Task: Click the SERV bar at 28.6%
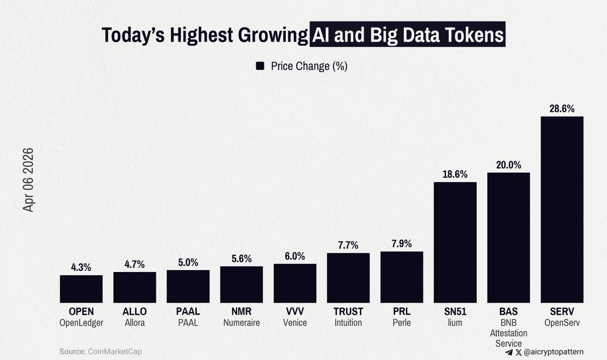[x=562, y=209]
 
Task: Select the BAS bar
[x=508, y=238]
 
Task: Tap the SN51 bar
[x=455, y=242]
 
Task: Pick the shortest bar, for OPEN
[x=81, y=289]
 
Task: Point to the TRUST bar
[x=348, y=278]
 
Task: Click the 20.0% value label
[x=508, y=165]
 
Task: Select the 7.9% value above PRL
[x=402, y=244]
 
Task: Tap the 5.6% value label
[x=241, y=259]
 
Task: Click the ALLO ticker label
[x=135, y=312]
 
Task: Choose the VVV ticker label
[x=295, y=312]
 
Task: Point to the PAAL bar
[x=188, y=286]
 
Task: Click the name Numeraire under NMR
[x=241, y=323]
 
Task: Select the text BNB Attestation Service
[x=508, y=333]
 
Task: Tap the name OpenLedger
[x=81, y=323]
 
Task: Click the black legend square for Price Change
[x=261, y=66]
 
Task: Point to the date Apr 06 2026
[x=28, y=179]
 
